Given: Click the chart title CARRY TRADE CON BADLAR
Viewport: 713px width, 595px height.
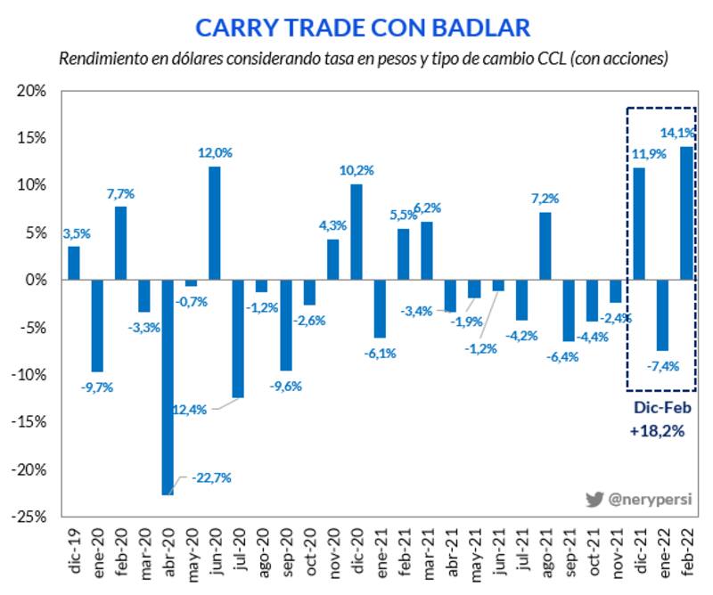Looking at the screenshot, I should [363, 28].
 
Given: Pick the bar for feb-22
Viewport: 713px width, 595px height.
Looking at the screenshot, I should [686, 213].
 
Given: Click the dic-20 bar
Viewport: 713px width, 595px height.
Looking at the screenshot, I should [356, 232].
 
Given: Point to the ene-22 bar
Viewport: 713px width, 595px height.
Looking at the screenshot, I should [663, 314].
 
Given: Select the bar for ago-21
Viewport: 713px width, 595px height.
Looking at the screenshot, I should [545, 246].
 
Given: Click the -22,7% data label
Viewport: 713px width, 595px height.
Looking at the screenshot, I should [211, 478].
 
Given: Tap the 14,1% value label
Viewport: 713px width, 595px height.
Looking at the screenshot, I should [676, 133].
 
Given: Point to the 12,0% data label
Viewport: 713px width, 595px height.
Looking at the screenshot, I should [215, 153].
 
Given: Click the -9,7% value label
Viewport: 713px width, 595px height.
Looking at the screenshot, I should [99, 387].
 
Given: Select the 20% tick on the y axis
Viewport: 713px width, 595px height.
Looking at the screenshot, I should [33, 91].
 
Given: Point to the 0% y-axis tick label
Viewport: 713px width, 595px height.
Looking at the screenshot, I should [37, 280].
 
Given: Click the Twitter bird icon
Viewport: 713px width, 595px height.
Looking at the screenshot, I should [594, 500].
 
